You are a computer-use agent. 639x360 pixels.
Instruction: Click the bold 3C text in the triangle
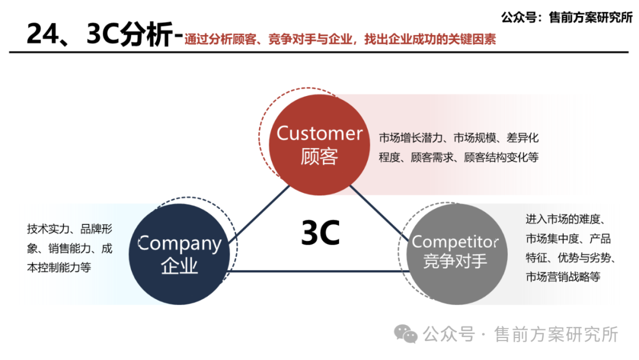[x=320, y=233]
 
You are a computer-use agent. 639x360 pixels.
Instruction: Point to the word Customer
[x=319, y=133]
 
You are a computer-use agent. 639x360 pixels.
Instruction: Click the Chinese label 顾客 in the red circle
[x=319, y=157]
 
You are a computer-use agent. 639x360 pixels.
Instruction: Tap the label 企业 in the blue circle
[x=179, y=266]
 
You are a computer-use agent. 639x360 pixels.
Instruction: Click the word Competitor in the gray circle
[x=456, y=242]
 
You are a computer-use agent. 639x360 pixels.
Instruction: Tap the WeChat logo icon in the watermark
[x=406, y=335]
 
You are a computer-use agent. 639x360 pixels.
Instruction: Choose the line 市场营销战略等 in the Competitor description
[x=563, y=277]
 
